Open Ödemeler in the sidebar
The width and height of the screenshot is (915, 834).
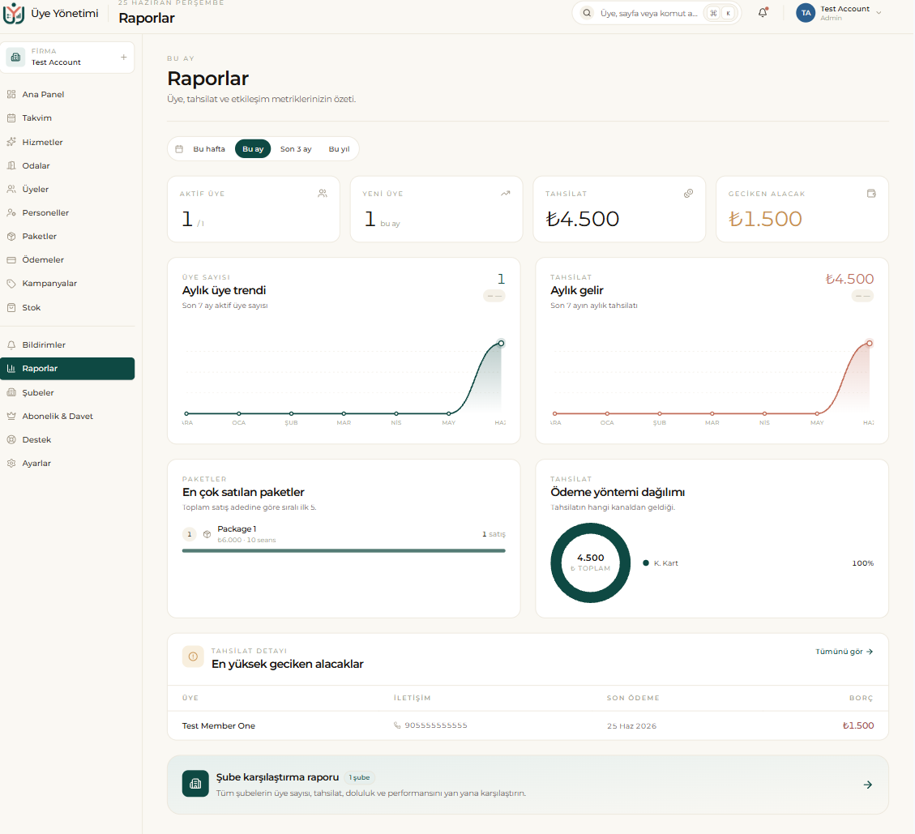click(43, 259)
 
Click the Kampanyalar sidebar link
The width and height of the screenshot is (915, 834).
click(49, 283)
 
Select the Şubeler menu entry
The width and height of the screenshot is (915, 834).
click(37, 393)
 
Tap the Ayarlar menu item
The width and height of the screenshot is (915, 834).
click(36, 464)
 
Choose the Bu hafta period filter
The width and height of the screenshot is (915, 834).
click(209, 149)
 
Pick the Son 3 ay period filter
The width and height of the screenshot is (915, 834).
click(296, 149)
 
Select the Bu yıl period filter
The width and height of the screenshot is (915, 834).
click(339, 149)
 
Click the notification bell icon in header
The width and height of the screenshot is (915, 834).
click(763, 12)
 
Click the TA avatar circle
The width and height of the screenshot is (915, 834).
click(806, 13)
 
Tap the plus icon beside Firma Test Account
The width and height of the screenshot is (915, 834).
click(124, 58)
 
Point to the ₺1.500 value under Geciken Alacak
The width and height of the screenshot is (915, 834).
click(765, 219)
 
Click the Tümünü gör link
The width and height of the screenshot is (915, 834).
click(844, 652)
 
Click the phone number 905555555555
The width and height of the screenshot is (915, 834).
click(436, 725)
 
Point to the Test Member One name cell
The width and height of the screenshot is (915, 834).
click(218, 726)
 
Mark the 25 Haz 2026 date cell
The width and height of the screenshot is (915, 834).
click(631, 726)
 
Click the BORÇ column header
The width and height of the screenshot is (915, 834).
click(862, 698)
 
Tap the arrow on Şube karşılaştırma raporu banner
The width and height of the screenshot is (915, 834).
click(868, 785)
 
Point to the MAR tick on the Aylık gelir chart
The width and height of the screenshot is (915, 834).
click(712, 422)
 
